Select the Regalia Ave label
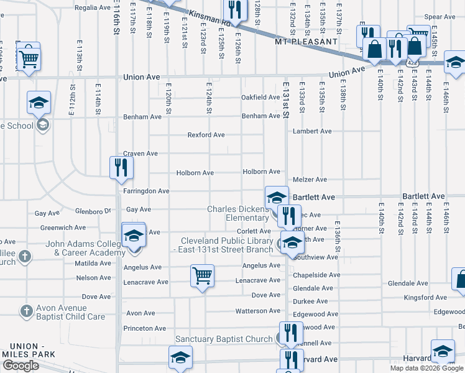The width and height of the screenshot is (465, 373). tap(92, 7)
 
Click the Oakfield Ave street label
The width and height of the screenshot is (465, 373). tap(260, 98)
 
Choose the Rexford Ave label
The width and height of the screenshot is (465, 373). tap(206, 135)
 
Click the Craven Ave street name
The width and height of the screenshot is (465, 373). tap(140, 154)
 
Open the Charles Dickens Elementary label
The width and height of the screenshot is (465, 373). tap(238, 213)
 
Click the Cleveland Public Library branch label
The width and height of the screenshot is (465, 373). tap(226, 245)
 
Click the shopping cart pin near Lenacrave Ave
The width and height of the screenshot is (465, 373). tap(202, 275)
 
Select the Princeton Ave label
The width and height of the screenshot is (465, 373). tap(145, 328)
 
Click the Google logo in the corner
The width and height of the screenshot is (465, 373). tap(21, 366)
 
